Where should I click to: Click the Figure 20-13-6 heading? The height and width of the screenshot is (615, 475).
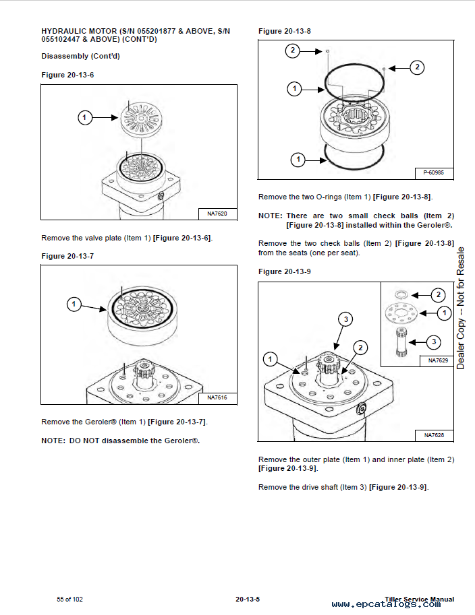click(x=67, y=74)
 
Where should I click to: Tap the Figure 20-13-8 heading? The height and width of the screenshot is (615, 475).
click(x=285, y=31)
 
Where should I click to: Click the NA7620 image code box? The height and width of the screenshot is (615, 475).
click(x=217, y=214)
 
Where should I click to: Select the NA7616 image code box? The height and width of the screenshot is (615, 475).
click(x=217, y=397)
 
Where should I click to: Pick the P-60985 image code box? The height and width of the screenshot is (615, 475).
click(x=433, y=173)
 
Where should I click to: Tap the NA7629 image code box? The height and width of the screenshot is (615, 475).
click(x=437, y=360)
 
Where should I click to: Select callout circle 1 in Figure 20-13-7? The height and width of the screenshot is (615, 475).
click(x=74, y=304)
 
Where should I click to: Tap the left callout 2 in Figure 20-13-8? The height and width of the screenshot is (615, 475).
click(x=292, y=51)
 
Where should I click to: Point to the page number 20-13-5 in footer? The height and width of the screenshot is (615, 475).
click(x=248, y=599)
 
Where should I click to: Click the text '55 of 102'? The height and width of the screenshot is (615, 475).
click(x=70, y=599)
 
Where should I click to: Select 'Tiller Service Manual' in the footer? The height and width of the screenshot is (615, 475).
click(x=418, y=599)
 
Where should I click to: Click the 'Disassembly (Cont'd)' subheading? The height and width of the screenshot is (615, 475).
click(x=80, y=56)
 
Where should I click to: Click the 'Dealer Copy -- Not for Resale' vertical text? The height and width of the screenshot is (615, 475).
click(x=461, y=308)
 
